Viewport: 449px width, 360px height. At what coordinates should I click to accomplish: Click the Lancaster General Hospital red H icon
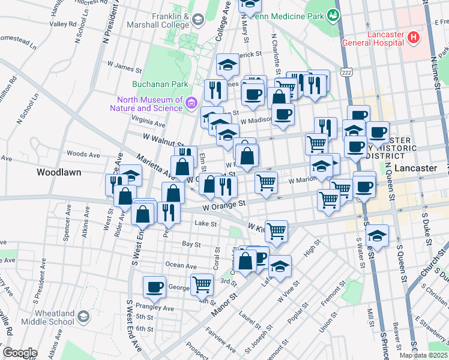click(x=413, y=38)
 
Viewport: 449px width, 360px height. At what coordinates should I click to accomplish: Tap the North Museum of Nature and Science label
click(x=146, y=104)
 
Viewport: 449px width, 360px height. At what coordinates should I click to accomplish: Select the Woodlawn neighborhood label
click(x=59, y=172)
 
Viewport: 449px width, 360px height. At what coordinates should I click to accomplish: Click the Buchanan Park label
click(x=160, y=85)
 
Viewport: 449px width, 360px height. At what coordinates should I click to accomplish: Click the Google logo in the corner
click(x=20, y=353)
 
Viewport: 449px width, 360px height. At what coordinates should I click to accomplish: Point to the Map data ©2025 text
click(x=423, y=355)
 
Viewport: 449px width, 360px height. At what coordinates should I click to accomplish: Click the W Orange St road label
click(x=224, y=206)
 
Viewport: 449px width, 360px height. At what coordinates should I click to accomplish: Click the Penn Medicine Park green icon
click(x=332, y=16)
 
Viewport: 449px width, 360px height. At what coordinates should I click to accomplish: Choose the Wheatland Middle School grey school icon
click(x=83, y=316)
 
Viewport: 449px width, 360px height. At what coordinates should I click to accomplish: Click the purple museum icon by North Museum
click(x=191, y=103)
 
